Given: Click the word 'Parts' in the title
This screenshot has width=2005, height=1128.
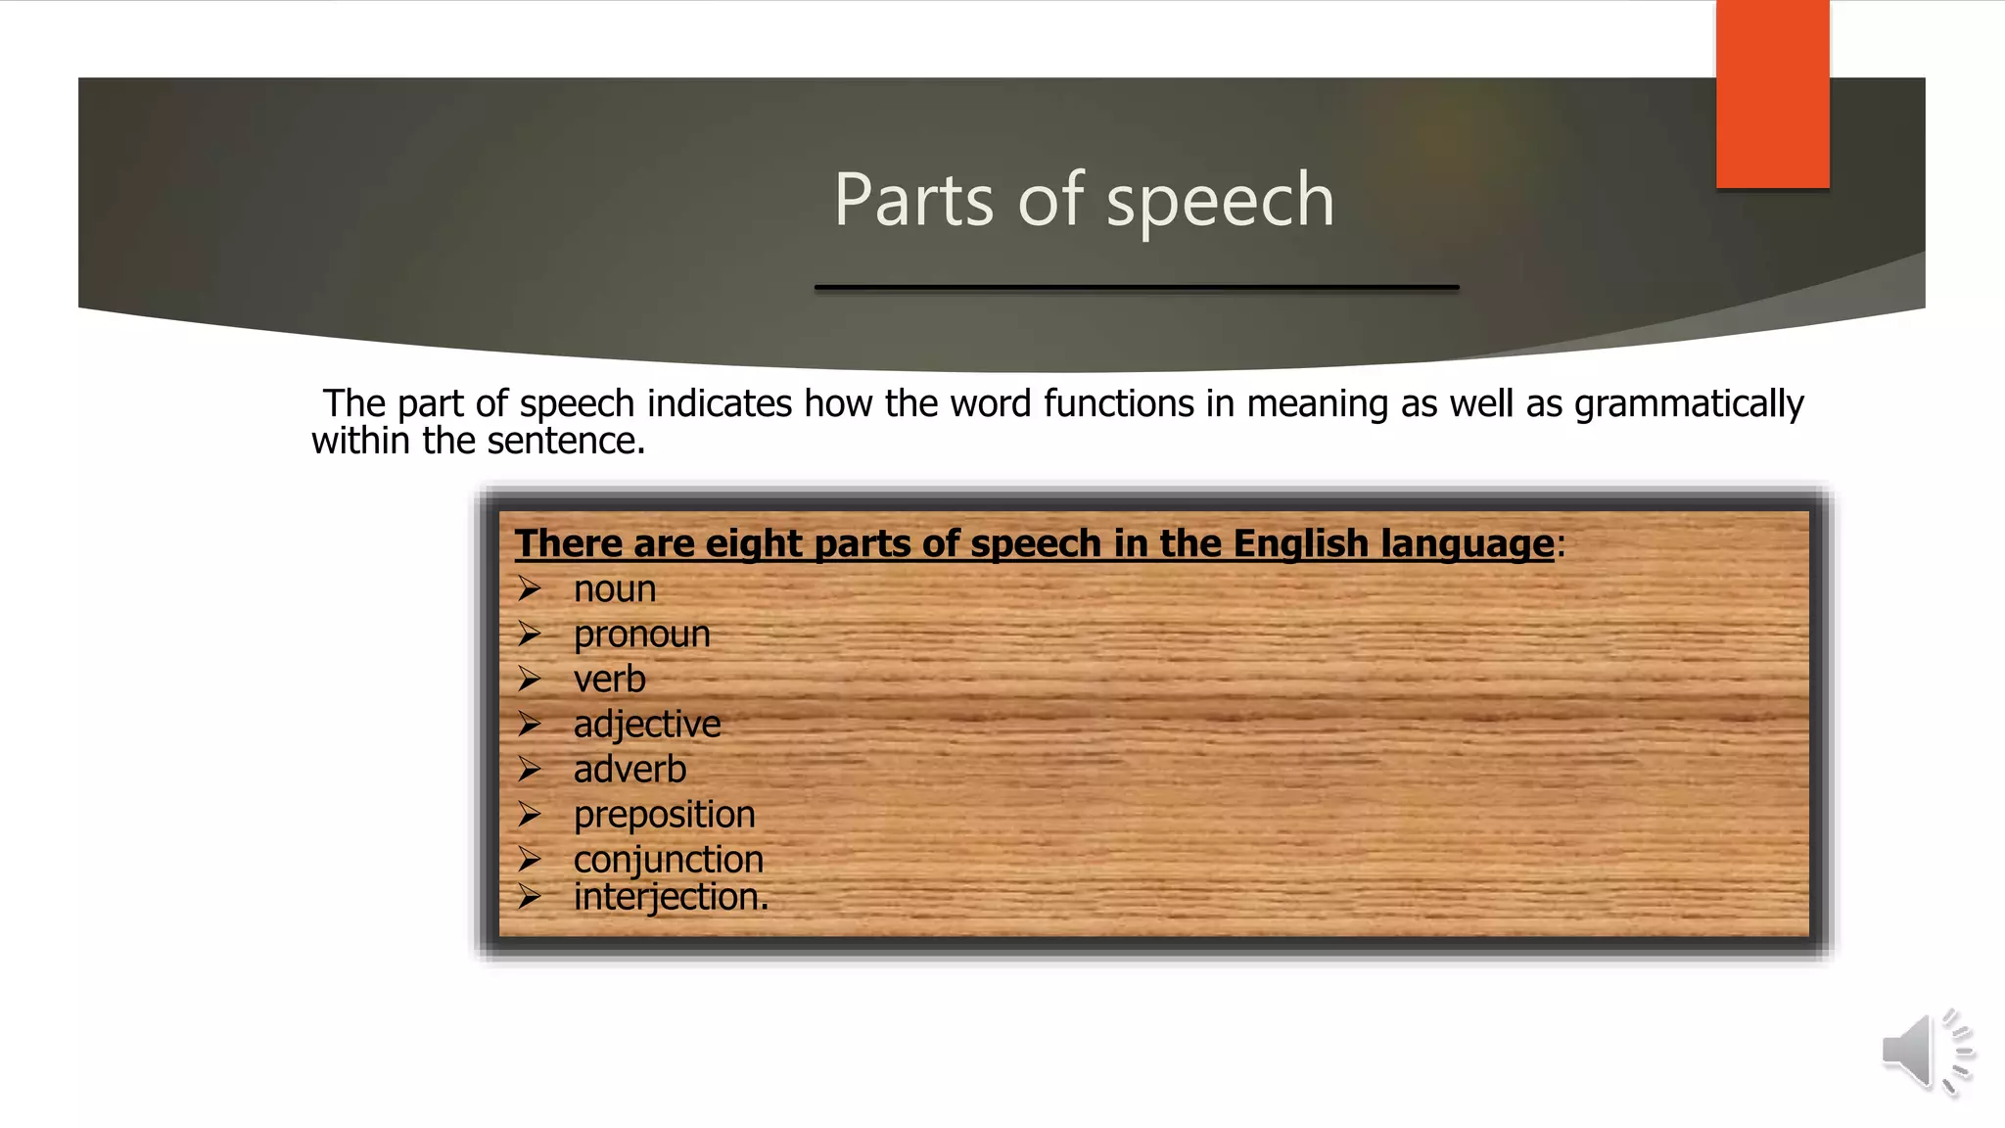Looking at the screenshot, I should (x=913, y=200).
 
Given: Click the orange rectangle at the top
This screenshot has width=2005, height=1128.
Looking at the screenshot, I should (x=1772, y=94).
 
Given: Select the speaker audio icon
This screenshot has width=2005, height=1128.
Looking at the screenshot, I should (x=1925, y=1052).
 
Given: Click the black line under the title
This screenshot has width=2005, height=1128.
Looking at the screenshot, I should (x=1137, y=287).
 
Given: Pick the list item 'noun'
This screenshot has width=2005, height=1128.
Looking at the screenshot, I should (x=615, y=589).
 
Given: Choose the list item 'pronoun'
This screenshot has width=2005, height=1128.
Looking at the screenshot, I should (x=641, y=634).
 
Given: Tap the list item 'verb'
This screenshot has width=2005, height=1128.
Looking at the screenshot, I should (x=609, y=680).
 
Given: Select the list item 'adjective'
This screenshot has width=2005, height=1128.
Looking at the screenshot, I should (x=647, y=725).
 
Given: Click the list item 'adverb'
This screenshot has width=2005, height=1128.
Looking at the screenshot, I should (x=629, y=770).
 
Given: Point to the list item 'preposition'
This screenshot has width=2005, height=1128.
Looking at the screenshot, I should (x=664, y=815).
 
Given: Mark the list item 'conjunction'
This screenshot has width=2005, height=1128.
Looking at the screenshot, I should (x=668, y=860).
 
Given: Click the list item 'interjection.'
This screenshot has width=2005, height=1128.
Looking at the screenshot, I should (x=671, y=897).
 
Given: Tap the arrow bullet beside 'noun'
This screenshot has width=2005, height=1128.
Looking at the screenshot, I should (x=530, y=588).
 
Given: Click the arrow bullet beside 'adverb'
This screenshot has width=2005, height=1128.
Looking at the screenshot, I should (x=530, y=769).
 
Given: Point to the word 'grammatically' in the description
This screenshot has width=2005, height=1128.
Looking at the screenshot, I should (x=1689, y=404).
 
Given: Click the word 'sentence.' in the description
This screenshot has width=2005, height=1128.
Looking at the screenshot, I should (x=566, y=441).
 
